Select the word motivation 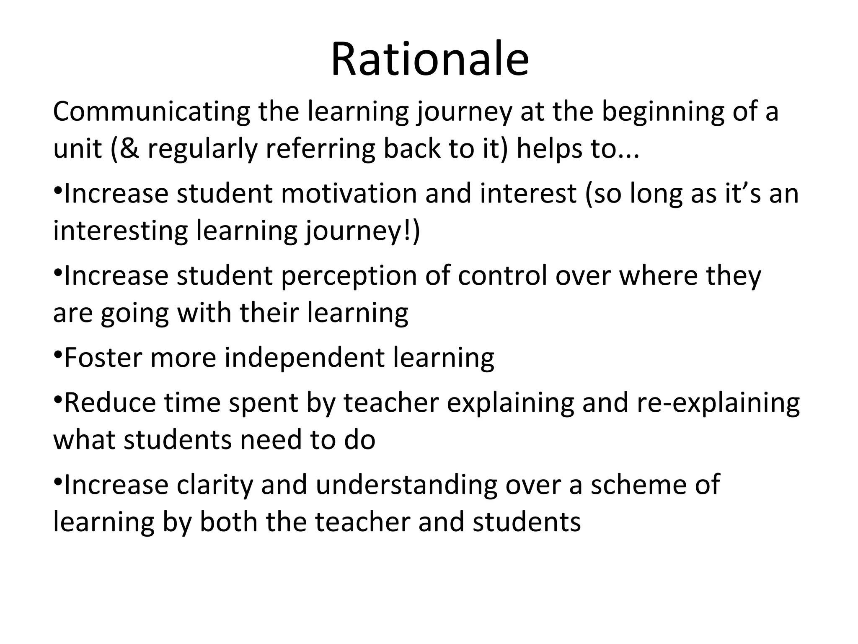[349, 194]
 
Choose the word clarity [215, 485]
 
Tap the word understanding [406, 485]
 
